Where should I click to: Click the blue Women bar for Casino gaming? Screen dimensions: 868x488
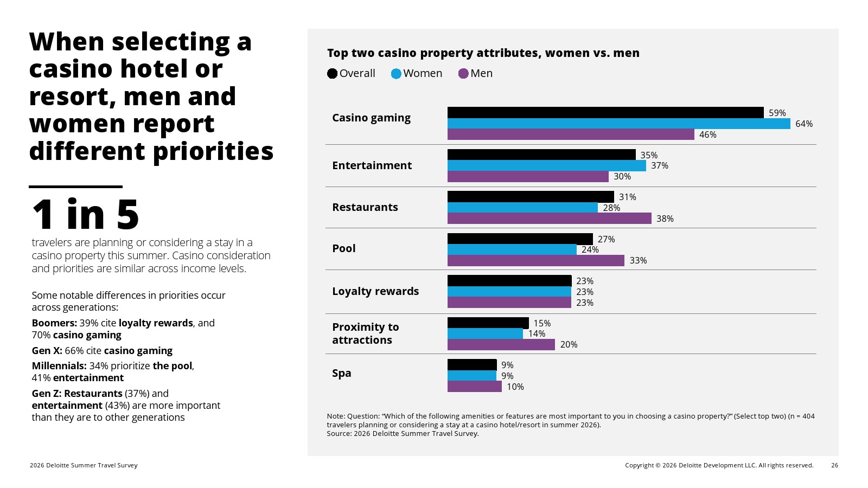click(619, 124)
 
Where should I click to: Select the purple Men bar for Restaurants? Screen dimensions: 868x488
click(550, 219)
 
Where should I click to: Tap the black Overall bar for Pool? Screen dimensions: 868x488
click(520, 239)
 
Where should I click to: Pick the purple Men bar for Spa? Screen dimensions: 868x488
click(475, 387)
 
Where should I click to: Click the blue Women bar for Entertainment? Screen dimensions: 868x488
click(547, 165)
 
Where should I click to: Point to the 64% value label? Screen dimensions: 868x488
click(804, 124)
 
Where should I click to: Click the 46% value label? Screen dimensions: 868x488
click(708, 135)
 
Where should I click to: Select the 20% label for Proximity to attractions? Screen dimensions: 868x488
click(569, 345)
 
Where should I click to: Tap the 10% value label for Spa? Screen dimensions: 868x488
click(515, 387)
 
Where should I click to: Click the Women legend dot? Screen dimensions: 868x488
click(396, 74)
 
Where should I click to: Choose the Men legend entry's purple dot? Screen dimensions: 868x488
click(463, 74)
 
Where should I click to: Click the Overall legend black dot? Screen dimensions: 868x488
click(332, 74)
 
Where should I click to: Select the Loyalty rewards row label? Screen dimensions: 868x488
click(375, 291)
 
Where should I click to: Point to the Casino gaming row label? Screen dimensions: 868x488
click(371, 118)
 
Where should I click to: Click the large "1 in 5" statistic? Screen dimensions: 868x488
click(85, 214)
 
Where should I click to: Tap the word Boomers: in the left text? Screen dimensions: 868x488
click(54, 323)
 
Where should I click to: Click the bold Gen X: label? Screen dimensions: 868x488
click(47, 350)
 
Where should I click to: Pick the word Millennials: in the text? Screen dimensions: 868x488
click(59, 366)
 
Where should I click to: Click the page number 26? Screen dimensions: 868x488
click(835, 465)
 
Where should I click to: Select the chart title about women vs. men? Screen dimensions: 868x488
click(483, 53)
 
